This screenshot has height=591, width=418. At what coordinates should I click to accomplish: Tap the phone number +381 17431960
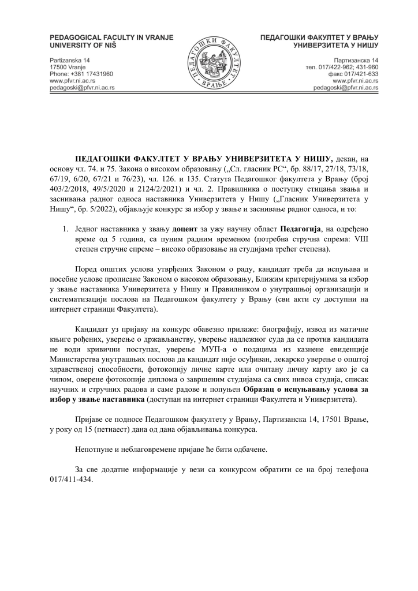click(81, 74)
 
